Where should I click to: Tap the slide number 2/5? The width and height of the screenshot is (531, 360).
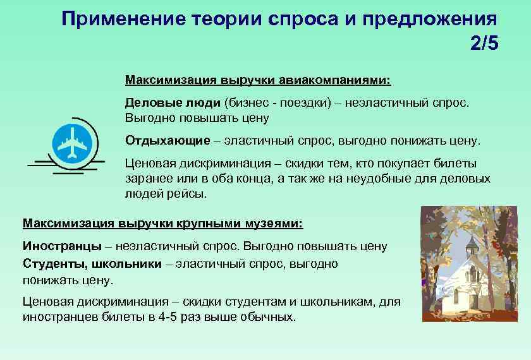(484, 45)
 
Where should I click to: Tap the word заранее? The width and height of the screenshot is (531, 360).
(149, 179)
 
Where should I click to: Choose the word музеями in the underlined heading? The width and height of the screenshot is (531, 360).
(274, 224)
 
